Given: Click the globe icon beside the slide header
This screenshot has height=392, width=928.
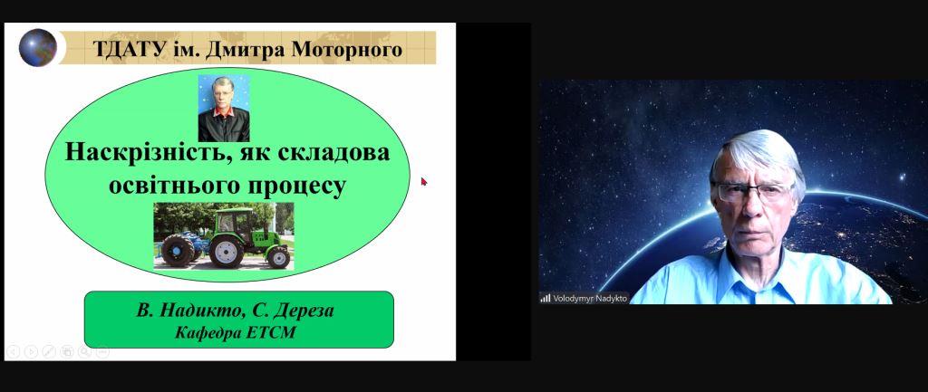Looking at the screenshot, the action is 38,47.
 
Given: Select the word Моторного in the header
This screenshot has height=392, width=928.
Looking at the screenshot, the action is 346,49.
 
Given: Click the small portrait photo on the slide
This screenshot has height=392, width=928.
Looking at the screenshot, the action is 224,109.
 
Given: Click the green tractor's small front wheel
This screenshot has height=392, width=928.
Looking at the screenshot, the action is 277,257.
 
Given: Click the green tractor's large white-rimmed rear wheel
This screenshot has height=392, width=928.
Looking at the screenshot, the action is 226,252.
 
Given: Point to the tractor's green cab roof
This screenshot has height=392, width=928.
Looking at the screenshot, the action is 234,210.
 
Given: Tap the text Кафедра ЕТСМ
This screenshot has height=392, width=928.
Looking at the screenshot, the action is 236,333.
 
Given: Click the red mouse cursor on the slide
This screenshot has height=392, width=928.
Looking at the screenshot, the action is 424,181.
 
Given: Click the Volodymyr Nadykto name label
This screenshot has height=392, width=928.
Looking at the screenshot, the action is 589,299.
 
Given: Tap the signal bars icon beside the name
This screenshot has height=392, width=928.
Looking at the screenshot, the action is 546,299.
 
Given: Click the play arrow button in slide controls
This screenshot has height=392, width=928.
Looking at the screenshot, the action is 31,352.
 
